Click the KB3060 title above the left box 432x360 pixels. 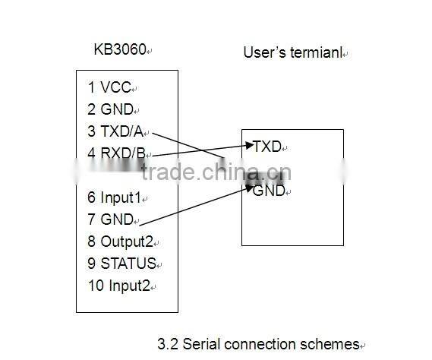[119, 50]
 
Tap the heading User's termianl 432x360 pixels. [292, 52]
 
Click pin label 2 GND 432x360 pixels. [109, 109]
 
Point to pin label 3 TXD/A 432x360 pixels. [115, 131]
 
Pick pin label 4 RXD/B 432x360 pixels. [116, 153]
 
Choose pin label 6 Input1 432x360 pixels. [114, 197]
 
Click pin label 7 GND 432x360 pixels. [109, 219]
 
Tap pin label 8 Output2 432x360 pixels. [120, 242]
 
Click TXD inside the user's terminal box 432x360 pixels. [266, 147]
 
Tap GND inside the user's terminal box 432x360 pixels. [268, 191]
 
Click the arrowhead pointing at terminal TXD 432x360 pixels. [248, 144]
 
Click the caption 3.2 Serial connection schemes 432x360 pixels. [257, 343]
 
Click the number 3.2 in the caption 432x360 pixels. [166, 343]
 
